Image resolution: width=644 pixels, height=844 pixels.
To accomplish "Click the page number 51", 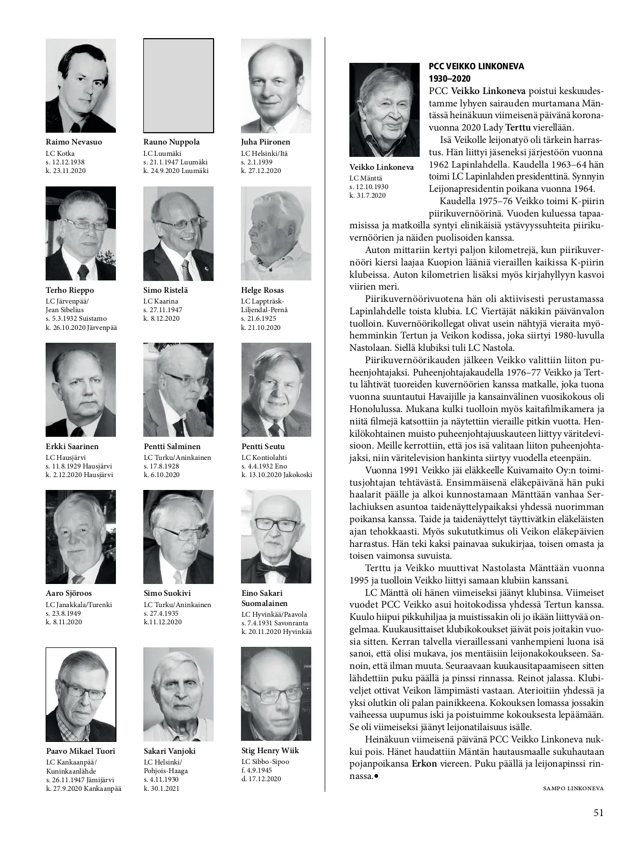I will tap(598, 812).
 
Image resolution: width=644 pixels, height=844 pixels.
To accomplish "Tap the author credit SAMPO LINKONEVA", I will tap(573, 788).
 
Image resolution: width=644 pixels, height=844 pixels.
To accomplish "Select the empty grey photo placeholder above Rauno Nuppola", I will tap(178, 85).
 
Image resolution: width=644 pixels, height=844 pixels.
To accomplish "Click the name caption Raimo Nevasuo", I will tap(74, 142).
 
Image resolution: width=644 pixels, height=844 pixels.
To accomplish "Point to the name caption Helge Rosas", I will tap(262, 290).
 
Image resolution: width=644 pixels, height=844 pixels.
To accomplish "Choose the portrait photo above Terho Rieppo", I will tap(80, 234).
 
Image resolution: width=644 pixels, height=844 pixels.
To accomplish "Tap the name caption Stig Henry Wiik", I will tap(270, 751).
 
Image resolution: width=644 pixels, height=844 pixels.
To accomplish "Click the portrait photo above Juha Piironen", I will tap(276, 85).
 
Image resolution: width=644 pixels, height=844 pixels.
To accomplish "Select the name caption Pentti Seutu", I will tap(263, 446).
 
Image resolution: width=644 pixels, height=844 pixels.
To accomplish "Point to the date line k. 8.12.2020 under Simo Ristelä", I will tap(162, 319).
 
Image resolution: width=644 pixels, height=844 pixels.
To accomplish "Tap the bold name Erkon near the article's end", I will tap(424, 763).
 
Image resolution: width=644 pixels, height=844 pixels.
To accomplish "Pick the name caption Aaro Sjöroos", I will tap(69, 594).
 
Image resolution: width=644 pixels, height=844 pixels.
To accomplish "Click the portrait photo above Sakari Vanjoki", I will tap(178, 694).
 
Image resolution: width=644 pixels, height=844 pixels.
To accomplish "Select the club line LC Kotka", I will tap(60, 153).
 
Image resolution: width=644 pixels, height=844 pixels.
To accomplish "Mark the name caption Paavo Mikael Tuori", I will tap(80, 751).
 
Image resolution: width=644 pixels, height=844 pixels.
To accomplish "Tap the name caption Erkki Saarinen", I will tap(72, 446).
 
